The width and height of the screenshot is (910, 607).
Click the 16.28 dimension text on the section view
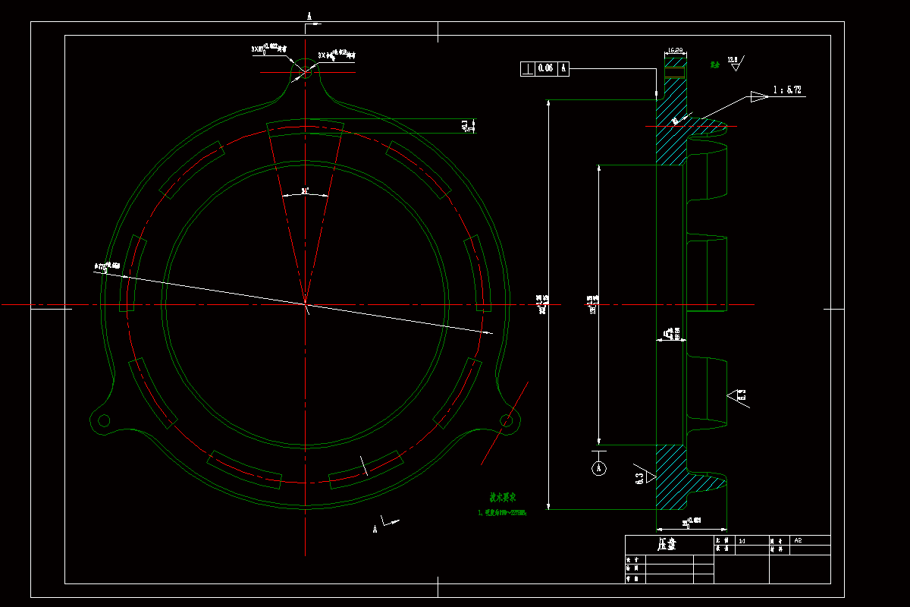[x=674, y=51]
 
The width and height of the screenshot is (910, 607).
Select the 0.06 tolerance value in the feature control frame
[x=545, y=68]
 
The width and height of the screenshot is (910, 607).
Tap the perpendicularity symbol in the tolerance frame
[x=527, y=68]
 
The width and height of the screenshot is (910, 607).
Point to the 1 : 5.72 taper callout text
[x=787, y=90]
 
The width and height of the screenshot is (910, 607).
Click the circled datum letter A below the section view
[x=598, y=468]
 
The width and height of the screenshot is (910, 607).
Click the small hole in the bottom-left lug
[x=104, y=420]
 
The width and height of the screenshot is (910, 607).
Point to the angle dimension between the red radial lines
[x=305, y=190]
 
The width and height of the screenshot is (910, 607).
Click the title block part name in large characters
[x=667, y=545]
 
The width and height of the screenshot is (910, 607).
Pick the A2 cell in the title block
[x=798, y=540]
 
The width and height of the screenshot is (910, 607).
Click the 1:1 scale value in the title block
[x=742, y=540]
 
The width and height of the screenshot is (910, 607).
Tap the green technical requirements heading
[x=502, y=498]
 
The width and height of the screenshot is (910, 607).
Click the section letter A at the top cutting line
[x=309, y=15]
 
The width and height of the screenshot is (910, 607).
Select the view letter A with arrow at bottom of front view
[x=375, y=529]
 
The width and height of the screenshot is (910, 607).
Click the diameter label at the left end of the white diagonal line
[x=107, y=266]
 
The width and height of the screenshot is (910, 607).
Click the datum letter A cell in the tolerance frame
[x=563, y=68]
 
